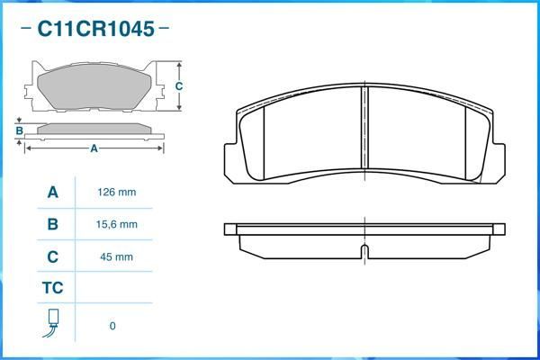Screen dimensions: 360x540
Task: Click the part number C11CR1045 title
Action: pos(94,28)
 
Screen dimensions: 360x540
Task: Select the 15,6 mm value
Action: pos(116,224)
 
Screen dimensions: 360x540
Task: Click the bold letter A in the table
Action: pos(52,193)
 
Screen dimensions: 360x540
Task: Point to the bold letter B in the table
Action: pos(52,224)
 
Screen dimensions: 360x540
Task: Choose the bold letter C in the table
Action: pos(52,256)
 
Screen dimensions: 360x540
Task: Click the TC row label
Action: pos(52,288)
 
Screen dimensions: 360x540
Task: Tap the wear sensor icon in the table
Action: pos(52,323)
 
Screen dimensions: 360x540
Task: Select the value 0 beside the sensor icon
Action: pos(112,326)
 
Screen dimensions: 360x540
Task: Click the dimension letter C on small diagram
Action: pos(179,86)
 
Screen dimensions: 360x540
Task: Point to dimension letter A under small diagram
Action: pos(94,148)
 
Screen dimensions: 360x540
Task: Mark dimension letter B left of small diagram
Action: pos(19,131)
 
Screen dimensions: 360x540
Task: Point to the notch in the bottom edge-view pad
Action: pos(364,249)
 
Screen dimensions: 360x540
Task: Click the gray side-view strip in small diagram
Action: pos(94,129)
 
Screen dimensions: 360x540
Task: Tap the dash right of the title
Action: pos(164,28)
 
